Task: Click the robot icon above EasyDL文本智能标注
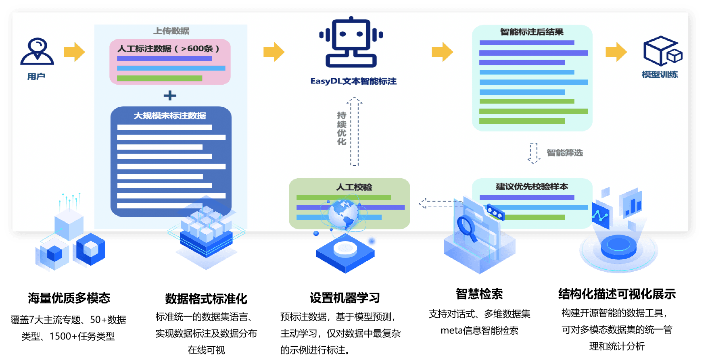[351, 42]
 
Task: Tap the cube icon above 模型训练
[662, 51]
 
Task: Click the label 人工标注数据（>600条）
[168, 49]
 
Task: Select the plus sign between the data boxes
[170, 96]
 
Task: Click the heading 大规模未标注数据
[170, 116]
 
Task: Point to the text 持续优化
[342, 128]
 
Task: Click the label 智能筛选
[564, 153]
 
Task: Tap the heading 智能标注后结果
[532, 32]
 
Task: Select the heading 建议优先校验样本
[532, 187]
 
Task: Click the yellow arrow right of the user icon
[74, 52]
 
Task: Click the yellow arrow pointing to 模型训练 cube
[616, 52]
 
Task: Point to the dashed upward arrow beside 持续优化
[354, 131]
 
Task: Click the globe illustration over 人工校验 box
[343, 214]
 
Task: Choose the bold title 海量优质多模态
[69, 298]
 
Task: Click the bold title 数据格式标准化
[206, 299]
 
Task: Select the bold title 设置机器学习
[345, 298]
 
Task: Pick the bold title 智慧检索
[479, 294]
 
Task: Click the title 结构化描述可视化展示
[616, 294]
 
